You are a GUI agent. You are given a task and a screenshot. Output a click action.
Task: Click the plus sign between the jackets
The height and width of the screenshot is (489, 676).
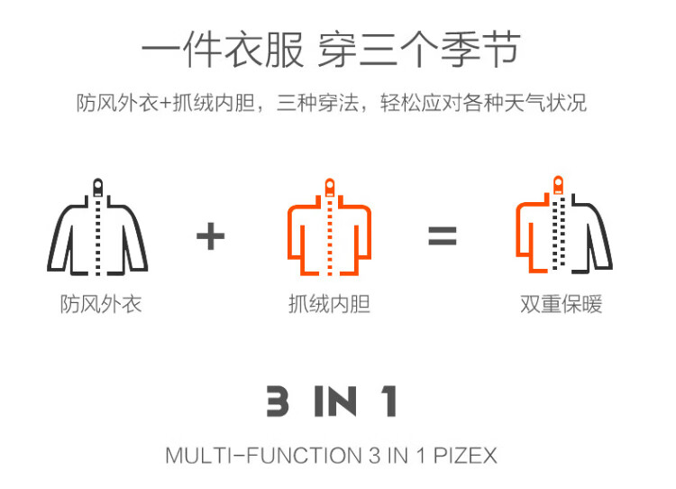point(210,236)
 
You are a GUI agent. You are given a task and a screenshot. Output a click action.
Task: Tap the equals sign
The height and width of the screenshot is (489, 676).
point(443,236)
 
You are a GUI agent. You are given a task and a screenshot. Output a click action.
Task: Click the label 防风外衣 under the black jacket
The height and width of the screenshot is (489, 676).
point(101,304)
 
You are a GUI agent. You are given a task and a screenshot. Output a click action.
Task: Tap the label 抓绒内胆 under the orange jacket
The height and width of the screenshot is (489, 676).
point(329,304)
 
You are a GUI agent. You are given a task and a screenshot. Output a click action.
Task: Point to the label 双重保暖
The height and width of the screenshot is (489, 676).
point(561,304)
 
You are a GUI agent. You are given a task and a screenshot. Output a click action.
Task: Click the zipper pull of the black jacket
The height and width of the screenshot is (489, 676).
point(98,188)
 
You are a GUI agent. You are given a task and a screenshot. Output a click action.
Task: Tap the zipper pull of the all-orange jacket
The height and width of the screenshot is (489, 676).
point(330,188)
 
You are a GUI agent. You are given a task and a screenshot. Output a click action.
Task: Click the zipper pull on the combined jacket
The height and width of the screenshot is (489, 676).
point(558,185)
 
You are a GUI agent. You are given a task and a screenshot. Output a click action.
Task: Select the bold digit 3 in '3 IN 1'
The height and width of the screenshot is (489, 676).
point(278,401)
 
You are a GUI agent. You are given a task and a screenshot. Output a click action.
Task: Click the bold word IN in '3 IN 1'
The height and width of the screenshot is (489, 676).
point(336,401)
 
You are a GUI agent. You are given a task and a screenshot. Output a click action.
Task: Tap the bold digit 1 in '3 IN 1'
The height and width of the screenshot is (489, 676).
point(389,401)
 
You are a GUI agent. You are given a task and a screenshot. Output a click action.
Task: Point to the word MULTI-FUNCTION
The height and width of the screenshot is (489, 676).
point(263,456)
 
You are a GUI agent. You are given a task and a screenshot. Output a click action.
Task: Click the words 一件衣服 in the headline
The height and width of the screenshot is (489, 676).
point(223,50)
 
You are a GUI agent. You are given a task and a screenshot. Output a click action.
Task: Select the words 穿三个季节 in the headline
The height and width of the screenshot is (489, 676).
point(419,50)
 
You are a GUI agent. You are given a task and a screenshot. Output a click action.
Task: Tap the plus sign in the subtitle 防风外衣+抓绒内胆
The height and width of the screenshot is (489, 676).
point(166,104)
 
